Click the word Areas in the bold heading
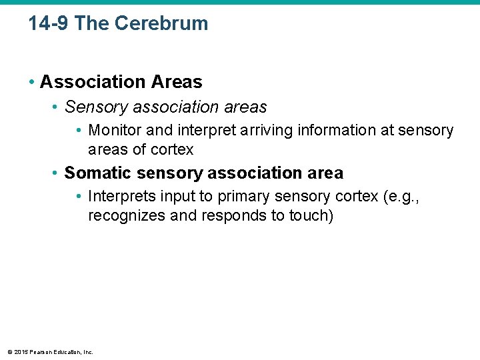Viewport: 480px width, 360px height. pos(177,82)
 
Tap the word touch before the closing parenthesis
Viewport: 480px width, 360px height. pos(309,216)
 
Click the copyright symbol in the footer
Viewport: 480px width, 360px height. pos(9,352)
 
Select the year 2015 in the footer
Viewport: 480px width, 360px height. pos(21,352)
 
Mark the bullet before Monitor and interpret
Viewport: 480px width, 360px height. pos(79,130)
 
